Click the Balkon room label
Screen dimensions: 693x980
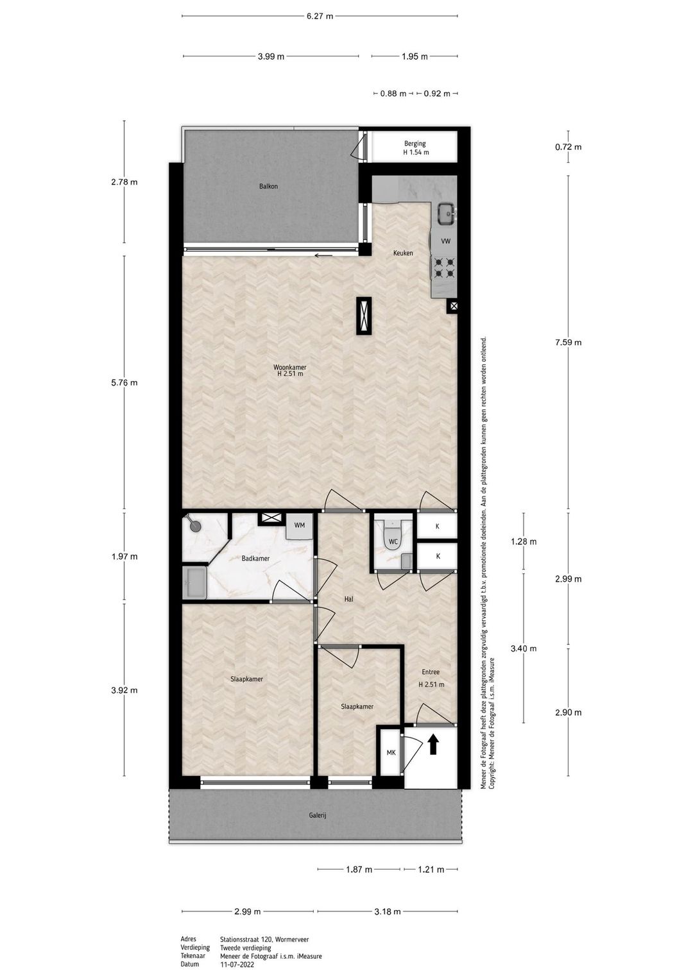268,186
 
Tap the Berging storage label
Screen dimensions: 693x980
415,143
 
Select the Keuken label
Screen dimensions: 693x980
403,253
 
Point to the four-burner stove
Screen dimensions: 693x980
444,268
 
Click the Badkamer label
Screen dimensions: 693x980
255,559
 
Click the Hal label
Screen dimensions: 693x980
348,600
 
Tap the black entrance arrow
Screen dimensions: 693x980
433,744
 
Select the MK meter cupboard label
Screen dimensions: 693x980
391,752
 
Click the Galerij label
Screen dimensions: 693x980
318,816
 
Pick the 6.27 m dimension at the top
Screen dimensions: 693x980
320,16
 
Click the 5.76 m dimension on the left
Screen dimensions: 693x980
124,383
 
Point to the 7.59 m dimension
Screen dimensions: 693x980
569,342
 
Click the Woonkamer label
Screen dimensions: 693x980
290,367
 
